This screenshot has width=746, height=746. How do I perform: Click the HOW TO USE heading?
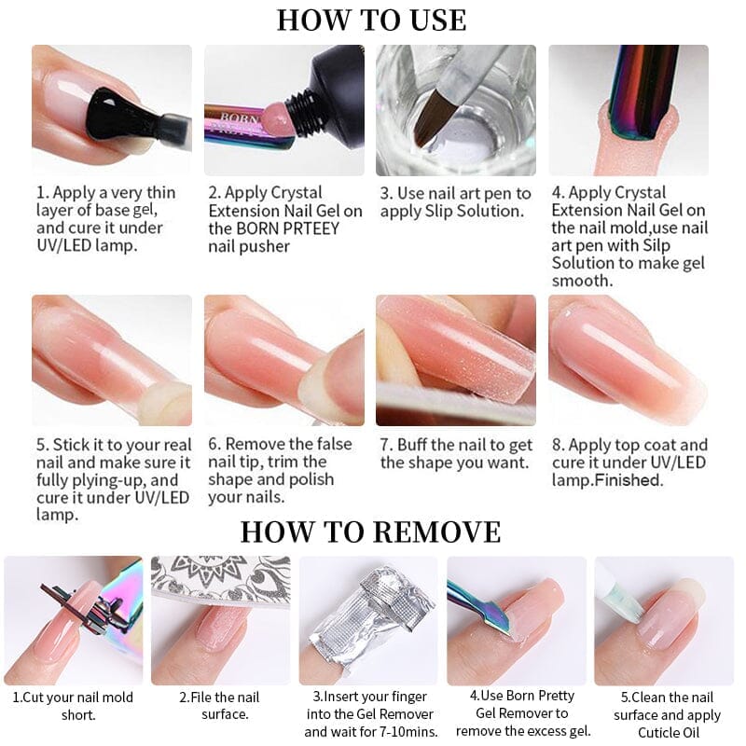tap(371, 20)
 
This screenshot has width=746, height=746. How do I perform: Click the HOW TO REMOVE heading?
tap(370, 532)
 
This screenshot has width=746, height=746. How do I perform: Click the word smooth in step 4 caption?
tap(582, 281)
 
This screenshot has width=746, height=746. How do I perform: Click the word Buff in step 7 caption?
tap(412, 445)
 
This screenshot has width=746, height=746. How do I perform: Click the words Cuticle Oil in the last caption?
tap(669, 733)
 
